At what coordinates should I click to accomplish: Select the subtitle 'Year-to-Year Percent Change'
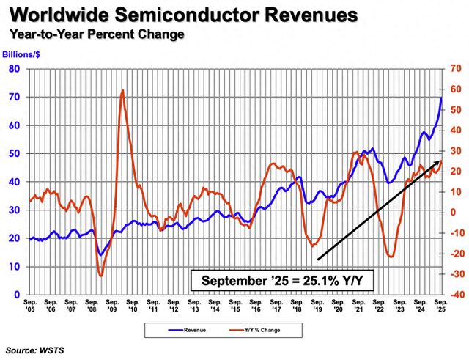[x=96, y=34]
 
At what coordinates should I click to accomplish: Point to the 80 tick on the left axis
[x=14, y=69]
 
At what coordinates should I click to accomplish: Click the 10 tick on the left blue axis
[x=14, y=267]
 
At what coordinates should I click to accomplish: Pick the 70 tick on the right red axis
[x=454, y=69]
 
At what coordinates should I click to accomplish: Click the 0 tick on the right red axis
[x=454, y=213]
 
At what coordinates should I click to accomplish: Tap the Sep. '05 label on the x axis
[x=30, y=305]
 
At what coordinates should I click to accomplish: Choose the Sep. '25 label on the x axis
[x=441, y=305]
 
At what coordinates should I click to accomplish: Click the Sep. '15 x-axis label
[x=236, y=305]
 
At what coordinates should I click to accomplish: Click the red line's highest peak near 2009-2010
[x=122, y=90]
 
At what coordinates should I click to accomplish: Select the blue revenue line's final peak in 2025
[x=441, y=98]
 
